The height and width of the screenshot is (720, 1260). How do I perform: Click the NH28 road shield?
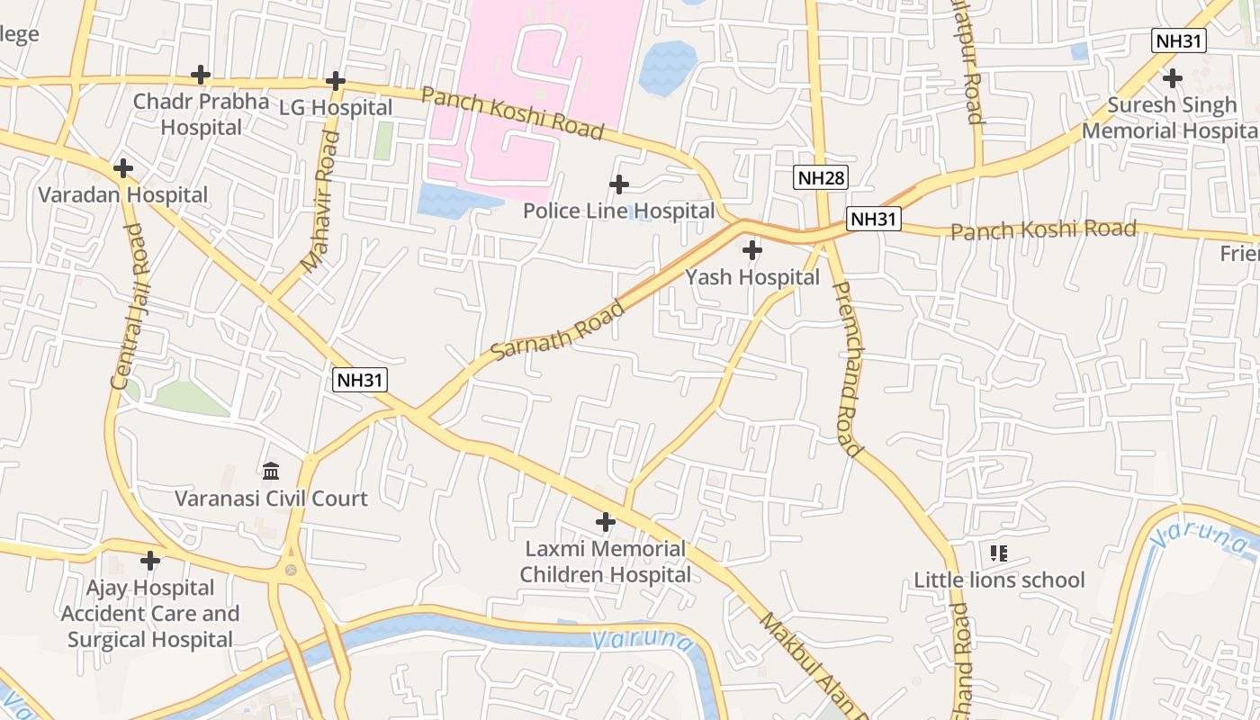[822, 177]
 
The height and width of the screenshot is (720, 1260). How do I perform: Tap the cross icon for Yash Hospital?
[752, 249]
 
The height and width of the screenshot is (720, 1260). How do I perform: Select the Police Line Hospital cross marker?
[619, 184]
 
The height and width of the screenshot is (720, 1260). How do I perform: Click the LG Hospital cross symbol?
[336, 81]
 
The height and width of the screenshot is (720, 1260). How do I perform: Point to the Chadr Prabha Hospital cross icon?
[201, 75]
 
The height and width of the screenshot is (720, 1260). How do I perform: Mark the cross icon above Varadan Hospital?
[123, 168]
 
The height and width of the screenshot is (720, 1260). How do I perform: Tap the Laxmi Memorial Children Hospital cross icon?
[606, 522]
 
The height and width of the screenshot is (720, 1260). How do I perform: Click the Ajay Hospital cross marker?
[150, 561]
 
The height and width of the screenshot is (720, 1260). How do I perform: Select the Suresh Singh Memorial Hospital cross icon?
[1172, 78]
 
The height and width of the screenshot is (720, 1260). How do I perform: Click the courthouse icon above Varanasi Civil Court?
[271, 471]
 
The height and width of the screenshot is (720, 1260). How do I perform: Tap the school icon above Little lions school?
[999, 553]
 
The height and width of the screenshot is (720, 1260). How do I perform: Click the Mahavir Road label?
[320, 202]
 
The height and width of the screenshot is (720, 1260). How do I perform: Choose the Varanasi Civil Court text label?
[271, 499]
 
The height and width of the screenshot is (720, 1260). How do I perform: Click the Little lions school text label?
[999, 580]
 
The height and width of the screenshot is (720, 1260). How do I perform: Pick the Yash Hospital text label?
[752, 277]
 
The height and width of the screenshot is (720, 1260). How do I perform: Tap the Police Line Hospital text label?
[619, 211]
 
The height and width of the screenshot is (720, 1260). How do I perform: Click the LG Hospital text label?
[336, 108]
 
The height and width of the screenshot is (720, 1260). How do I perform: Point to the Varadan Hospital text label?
[123, 195]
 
